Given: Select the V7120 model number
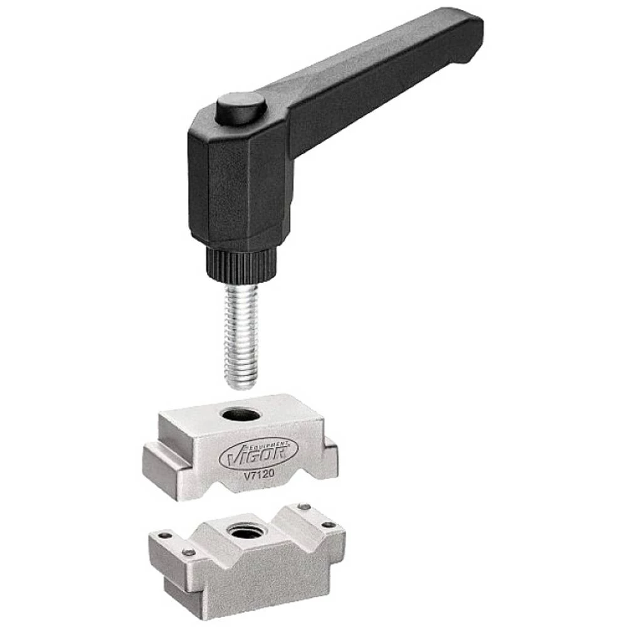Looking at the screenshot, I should pyautogui.click(x=261, y=475).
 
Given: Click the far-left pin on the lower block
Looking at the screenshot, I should pyautogui.click(x=164, y=536).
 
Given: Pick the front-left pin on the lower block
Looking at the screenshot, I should pyautogui.click(x=188, y=552).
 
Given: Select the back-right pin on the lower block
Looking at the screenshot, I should pyautogui.click(x=303, y=507).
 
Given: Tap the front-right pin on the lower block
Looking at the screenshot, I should pyautogui.click(x=328, y=525).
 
